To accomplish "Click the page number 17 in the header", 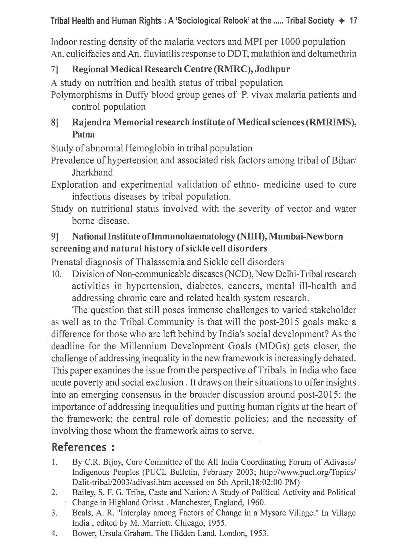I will [x=353, y=21].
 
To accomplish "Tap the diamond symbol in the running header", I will [x=341, y=21].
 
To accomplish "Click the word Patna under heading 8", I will [x=83, y=134].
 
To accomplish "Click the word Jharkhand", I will [x=92, y=172].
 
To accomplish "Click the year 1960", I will [x=256, y=502].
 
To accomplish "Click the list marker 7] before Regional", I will [x=54, y=69].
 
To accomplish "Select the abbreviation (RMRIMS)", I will [x=331, y=122].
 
